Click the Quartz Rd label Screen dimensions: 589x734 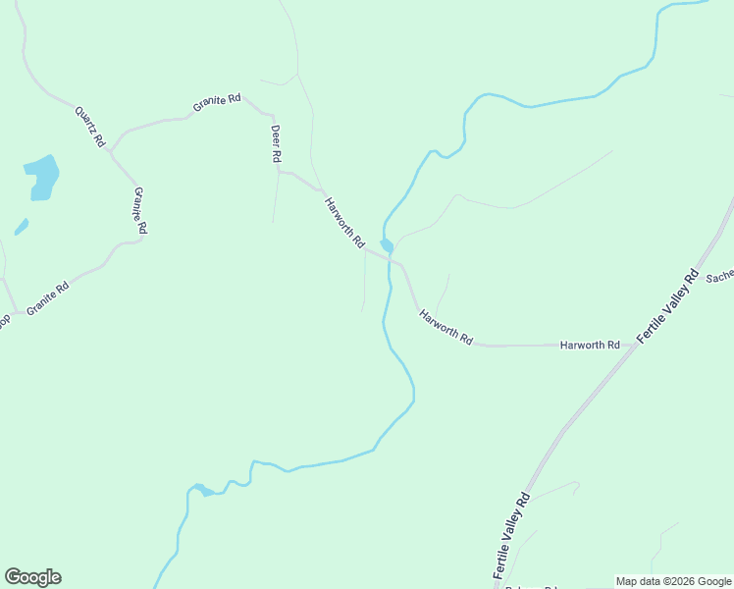[89, 126]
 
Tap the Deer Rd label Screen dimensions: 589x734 [277, 143]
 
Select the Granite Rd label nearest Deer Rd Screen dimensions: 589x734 [217, 102]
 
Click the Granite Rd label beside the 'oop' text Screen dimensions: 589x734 [48, 297]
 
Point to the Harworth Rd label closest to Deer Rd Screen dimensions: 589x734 [344, 221]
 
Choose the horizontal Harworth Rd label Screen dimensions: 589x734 [590, 346]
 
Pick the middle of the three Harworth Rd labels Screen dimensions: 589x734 [446, 327]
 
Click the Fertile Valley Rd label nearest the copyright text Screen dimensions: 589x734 [511, 536]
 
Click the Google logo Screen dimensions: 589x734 [32, 577]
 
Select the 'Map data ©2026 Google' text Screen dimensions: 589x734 [674, 581]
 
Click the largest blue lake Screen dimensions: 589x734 [42, 177]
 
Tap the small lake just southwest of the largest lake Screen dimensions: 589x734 [22, 227]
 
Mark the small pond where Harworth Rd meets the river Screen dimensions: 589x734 [388, 244]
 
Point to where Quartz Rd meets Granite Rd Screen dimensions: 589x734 [111, 153]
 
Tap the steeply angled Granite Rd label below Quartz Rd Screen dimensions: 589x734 [140, 209]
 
